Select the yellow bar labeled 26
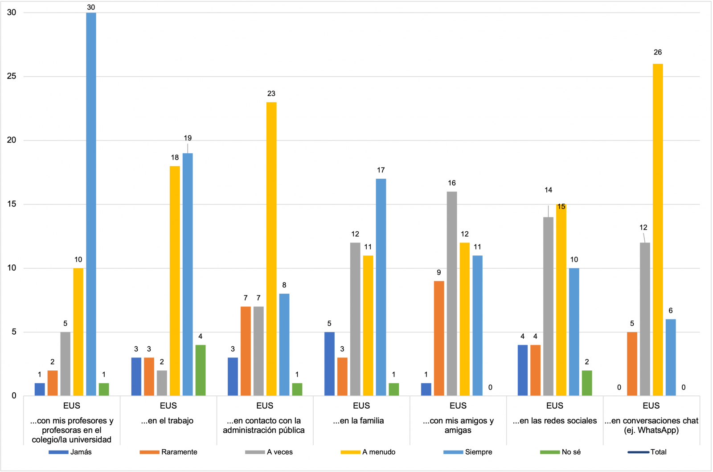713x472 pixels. [x=658, y=230]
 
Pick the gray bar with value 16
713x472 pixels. [x=452, y=294]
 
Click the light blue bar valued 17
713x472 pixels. [x=381, y=287]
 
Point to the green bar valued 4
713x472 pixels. [x=201, y=370]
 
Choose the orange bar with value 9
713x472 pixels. [x=439, y=338]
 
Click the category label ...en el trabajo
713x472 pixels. [x=168, y=421]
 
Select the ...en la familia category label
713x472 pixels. [x=359, y=421]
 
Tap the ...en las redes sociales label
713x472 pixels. [x=555, y=421]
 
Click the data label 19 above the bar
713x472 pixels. [x=188, y=138]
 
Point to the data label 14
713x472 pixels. [x=548, y=190]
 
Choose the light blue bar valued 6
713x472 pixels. [x=671, y=357]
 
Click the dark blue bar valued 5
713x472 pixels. [x=329, y=364]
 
